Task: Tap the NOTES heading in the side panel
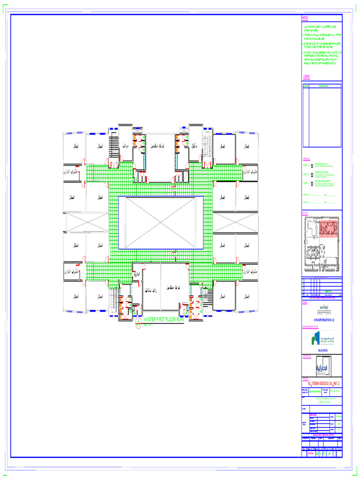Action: tap(306, 18)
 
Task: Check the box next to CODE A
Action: tap(312, 166)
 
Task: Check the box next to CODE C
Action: tap(312, 184)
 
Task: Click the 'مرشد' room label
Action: tap(125, 146)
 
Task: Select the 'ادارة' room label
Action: tap(137, 275)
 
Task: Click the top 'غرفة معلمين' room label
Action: tap(160, 146)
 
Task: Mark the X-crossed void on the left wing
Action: tap(86, 222)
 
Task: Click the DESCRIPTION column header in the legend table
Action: tap(324, 86)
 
